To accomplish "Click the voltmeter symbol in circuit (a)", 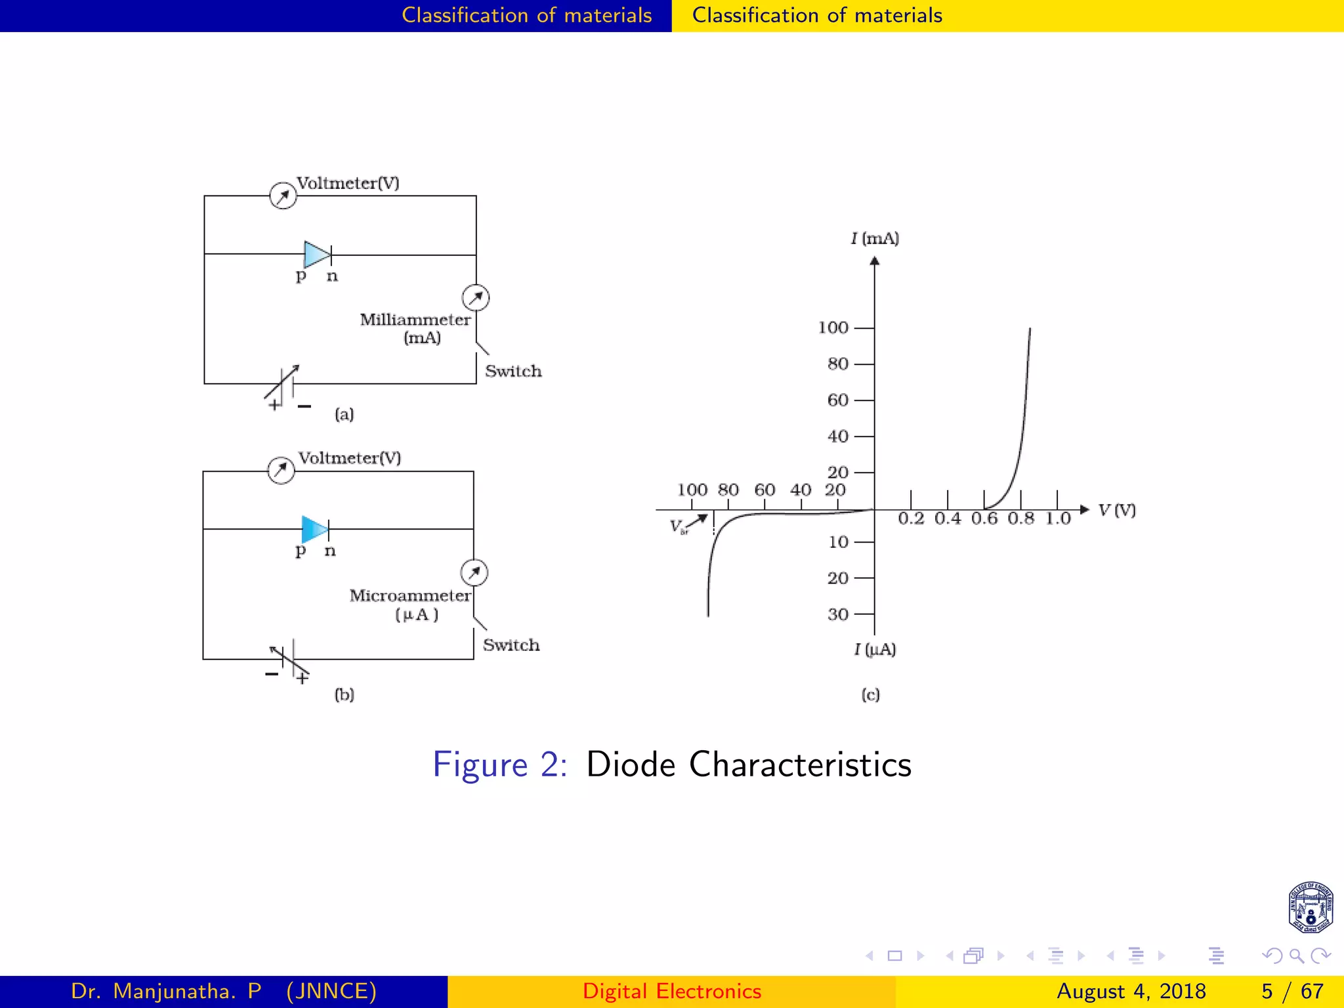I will click(283, 196).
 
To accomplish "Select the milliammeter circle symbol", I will click(475, 298).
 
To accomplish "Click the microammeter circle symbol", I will click(474, 573).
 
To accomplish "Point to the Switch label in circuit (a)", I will click(513, 371).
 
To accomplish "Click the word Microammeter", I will click(410, 596).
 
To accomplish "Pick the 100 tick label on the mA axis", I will click(833, 327).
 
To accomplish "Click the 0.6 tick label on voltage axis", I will click(984, 519).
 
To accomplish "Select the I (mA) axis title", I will click(875, 238).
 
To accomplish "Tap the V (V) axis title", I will click(1116, 510).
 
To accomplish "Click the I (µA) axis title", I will click(875, 650).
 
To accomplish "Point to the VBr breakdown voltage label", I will click(678, 526).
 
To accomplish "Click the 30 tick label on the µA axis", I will click(838, 615).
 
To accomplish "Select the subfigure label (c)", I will click(870, 695).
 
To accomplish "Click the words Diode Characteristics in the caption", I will click(748, 765).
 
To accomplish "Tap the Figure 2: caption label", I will click(499, 765).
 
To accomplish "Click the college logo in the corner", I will click(1310, 908).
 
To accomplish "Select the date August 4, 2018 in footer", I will click(1131, 991).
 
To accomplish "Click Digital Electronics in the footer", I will click(671, 991).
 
